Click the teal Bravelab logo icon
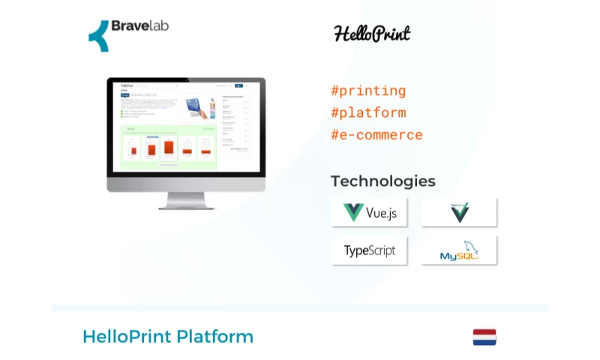98,35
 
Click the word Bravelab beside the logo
139,25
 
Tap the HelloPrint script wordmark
372,34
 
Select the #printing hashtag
368,91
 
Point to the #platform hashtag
368,113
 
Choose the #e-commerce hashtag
376,136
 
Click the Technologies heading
382,181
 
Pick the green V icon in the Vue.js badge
353,212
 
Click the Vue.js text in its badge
381,213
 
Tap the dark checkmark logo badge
459,212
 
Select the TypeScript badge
370,250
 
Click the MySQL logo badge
459,250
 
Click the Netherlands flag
484,337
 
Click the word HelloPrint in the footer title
127,337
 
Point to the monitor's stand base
186,206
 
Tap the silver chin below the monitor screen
186,184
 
